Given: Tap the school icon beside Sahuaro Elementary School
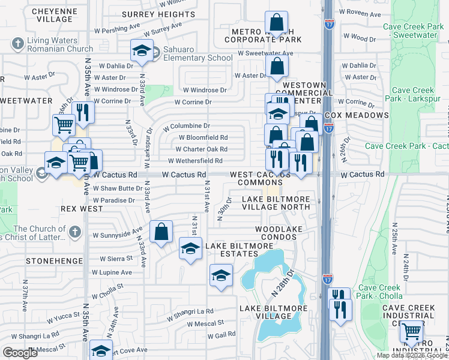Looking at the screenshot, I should click(142, 51).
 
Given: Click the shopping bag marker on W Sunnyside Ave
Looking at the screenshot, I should click(161, 232).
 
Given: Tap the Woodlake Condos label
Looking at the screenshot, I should click(276, 233).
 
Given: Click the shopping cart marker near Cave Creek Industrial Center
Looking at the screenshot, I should click(411, 331).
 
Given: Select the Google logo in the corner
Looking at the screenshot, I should click(20, 353).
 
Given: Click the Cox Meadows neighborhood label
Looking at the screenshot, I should click(356, 115).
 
